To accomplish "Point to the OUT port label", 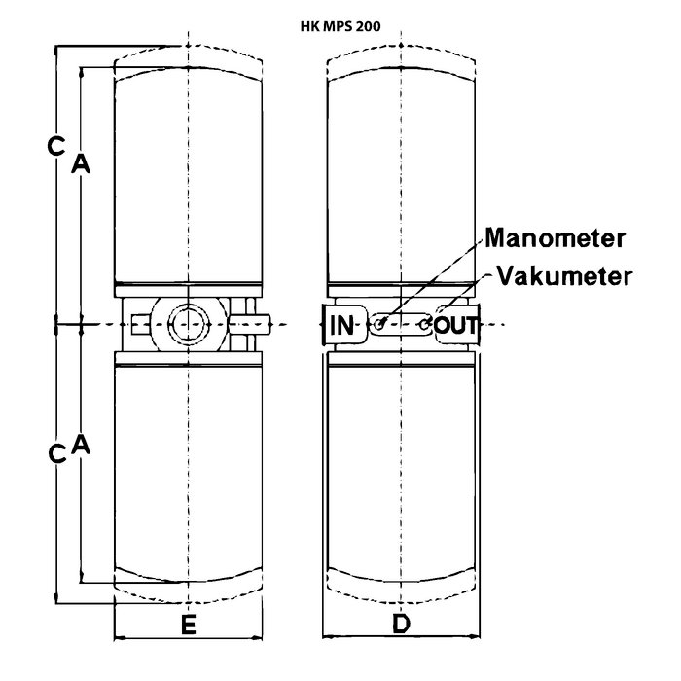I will click(x=456, y=324).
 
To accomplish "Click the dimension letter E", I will click(x=189, y=626).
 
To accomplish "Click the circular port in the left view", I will click(x=187, y=324).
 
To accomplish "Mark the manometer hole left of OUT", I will click(x=425, y=321).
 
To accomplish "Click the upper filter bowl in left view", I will click(x=188, y=175).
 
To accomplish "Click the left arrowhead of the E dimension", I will click(x=119, y=638).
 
